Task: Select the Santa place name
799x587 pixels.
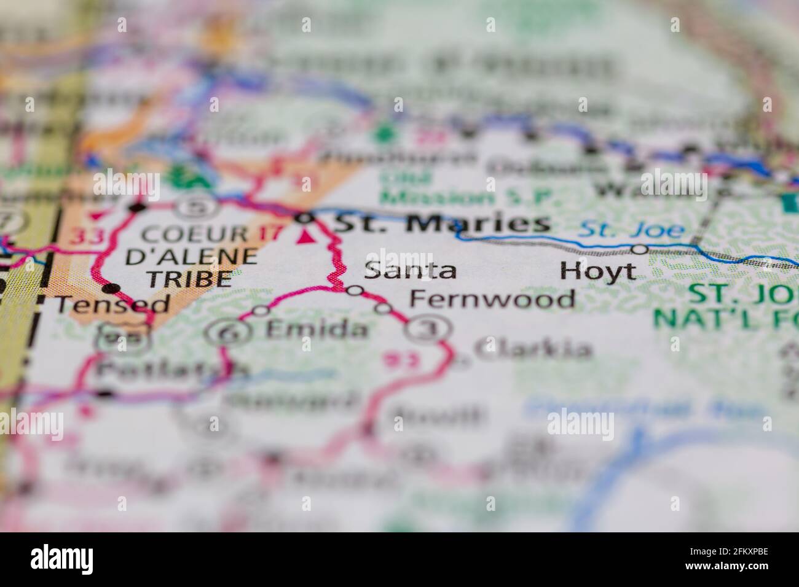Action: click(x=410, y=270)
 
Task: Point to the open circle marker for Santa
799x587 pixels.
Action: click(x=355, y=290)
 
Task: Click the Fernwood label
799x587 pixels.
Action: click(x=492, y=299)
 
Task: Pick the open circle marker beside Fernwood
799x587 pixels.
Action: click(x=383, y=308)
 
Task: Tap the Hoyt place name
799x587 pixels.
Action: click(x=597, y=271)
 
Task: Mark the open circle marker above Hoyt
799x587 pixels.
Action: click(x=640, y=249)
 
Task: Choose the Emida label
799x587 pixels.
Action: click(x=317, y=330)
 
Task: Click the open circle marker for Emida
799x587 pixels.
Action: click(x=261, y=311)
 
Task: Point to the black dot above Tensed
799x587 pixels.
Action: click(x=111, y=287)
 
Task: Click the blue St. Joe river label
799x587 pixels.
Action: click(x=632, y=231)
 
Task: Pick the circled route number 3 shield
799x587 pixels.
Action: click(x=423, y=329)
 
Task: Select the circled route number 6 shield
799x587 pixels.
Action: click(x=222, y=333)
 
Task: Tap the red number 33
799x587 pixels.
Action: click(x=85, y=236)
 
